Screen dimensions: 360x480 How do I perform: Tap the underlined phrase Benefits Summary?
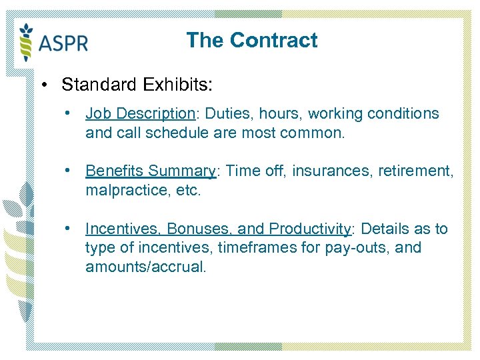click(151, 171)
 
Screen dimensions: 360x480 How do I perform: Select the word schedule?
click(169, 133)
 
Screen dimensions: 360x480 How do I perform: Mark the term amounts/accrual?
click(146, 267)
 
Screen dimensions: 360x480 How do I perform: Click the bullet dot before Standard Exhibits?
click(43, 85)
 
